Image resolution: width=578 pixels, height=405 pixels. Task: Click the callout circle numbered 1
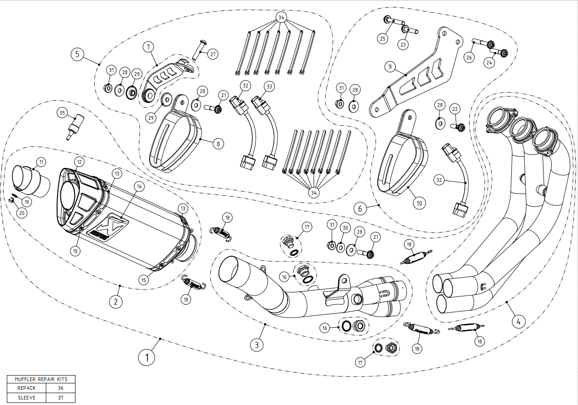[x=147, y=357]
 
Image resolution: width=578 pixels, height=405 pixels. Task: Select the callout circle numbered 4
[x=518, y=322]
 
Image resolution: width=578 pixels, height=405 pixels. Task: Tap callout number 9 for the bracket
[x=390, y=67]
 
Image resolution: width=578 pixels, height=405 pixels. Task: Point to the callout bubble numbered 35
[x=62, y=113]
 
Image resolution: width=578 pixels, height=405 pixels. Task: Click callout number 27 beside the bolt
[x=212, y=54]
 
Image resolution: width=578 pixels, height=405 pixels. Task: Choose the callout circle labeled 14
[x=139, y=186]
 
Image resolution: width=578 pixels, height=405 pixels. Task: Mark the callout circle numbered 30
[x=345, y=228]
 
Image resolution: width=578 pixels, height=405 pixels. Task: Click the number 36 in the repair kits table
[x=61, y=388]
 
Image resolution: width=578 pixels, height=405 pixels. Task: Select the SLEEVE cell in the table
[x=26, y=397]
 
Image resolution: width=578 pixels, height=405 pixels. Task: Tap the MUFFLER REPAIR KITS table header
[x=41, y=379]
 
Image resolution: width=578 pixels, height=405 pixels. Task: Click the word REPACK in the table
[x=26, y=388]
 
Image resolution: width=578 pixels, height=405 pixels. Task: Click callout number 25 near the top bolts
[x=382, y=39]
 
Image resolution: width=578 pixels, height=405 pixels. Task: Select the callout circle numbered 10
[x=419, y=202]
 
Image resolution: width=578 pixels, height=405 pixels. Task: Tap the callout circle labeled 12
[x=79, y=162]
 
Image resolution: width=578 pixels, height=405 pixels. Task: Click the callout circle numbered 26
[x=469, y=58]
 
